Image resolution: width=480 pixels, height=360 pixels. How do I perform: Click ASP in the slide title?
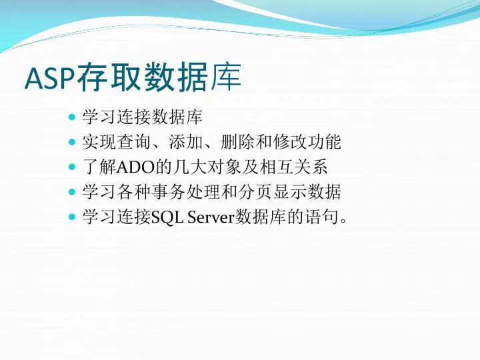click(x=50, y=79)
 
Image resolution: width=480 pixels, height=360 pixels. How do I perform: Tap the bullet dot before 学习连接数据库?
click(x=72, y=117)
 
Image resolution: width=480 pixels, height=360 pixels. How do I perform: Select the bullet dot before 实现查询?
click(x=72, y=142)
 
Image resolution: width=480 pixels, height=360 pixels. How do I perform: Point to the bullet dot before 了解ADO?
click(x=72, y=167)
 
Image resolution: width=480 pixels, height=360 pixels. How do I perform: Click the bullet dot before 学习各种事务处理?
click(x=72, y=192)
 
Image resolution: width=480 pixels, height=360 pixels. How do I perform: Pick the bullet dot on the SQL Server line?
click(x=72, y=217)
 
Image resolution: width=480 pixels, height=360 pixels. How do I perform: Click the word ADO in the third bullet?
click(x=135, y=167)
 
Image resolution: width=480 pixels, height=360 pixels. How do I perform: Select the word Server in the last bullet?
click(x=211, y=217)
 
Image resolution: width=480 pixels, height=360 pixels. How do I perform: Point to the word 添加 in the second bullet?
click(x=185, y=142)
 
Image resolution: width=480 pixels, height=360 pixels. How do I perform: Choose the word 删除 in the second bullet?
click(x=237, y=142)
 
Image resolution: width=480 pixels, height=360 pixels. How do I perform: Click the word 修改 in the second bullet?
click(x=289, y=142)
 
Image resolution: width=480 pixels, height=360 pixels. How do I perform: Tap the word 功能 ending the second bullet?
click(x=324, y=142)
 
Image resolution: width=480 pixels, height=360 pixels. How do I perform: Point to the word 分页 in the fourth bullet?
click(x=255, y=192)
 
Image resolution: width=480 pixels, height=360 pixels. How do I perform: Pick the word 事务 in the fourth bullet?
click(x=168, y=192)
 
